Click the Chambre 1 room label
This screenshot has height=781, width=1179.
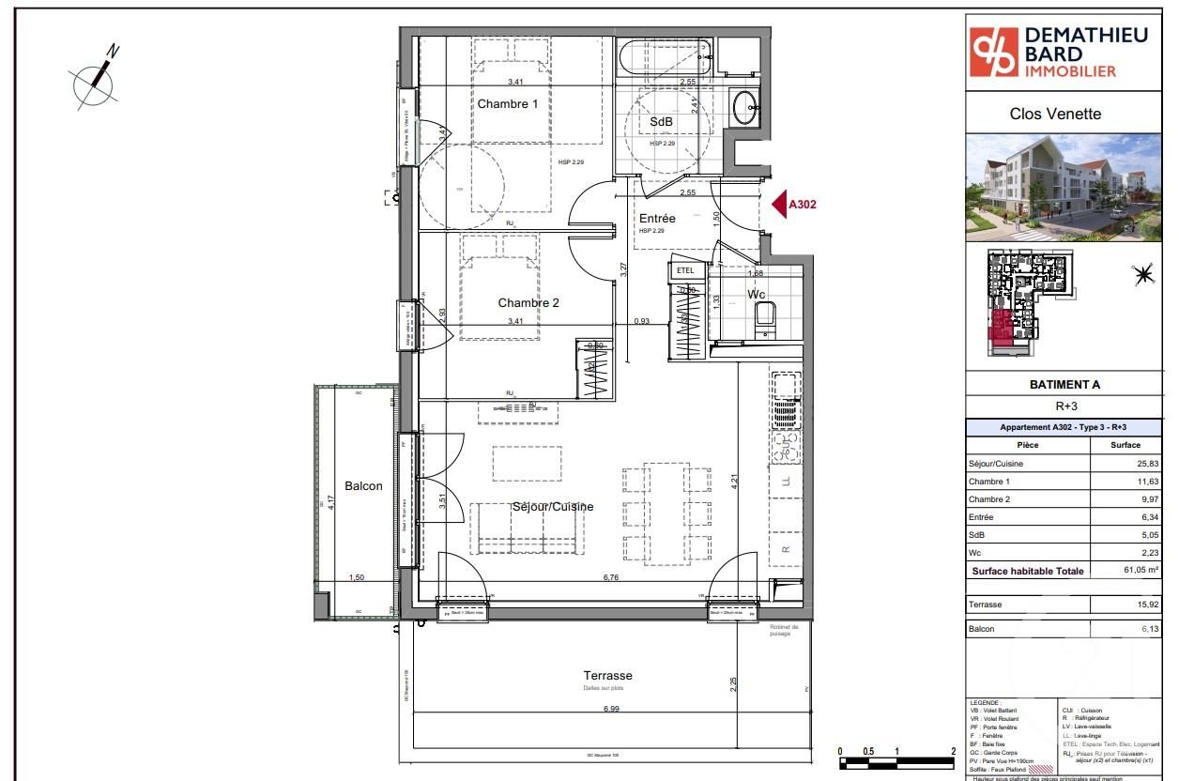point(508,104)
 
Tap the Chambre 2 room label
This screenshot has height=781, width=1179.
point(528,303)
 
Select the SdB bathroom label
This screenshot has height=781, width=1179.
point(661,123)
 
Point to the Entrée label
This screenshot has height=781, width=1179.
point(657,219)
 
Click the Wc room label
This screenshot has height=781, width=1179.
point(757,295)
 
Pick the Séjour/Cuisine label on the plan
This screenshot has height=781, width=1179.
point(553,507)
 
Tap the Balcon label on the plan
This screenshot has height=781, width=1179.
point(363,486)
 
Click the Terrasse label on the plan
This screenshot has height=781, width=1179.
point(607,675)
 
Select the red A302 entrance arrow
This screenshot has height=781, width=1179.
point(779,204)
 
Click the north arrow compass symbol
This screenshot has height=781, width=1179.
point(96,82)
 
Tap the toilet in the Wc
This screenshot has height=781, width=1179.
point(765,316)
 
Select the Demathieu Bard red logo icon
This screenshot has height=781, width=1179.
point(993,53)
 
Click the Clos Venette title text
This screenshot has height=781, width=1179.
point(1055,115)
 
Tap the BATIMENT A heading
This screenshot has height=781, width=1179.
point(1064,385)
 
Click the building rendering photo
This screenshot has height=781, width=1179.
point(1064,188)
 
